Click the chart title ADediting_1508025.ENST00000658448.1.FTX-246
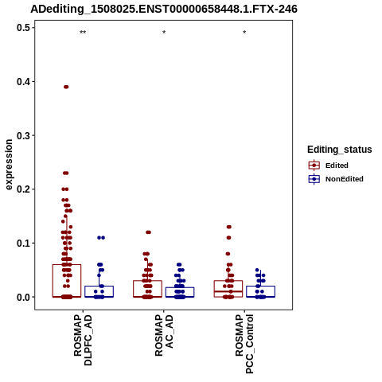[164, 9]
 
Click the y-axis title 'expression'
[9, 165]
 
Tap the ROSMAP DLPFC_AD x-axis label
[83, 340]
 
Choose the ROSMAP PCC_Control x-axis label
[244, 344]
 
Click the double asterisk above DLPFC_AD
[83, 33]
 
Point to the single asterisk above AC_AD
[164, 33]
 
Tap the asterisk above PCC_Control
[244, 33]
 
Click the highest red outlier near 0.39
[66, 87]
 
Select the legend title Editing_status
[340, 150]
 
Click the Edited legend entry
[329, 166]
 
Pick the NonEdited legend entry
[336, 179]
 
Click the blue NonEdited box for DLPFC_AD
[99, 291]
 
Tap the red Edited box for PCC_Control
[228, 289]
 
